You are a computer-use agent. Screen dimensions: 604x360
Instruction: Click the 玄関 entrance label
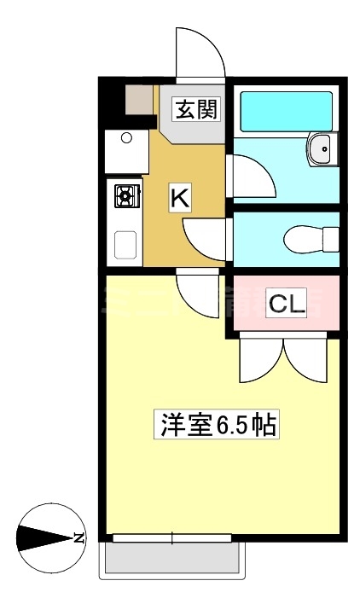tap(197, 109)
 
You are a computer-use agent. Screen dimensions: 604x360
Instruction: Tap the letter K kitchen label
tap(179, 198)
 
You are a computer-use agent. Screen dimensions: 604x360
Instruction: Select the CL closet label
tap(287, 303)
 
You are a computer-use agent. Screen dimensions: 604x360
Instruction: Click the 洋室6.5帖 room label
tap(218, 424)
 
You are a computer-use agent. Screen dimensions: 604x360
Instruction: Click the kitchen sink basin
tap(126, 246)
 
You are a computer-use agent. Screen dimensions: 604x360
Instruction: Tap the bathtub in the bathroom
tap(286, 111)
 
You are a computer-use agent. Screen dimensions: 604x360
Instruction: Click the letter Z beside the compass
tap(78, 538)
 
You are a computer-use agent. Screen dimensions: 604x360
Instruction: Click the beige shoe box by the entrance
tap(138, 102)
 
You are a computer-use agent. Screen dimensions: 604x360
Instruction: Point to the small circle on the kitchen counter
tap(126, 136)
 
